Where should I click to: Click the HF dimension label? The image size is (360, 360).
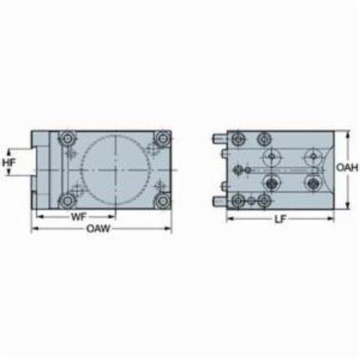9,163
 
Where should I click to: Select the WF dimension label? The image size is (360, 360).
78,217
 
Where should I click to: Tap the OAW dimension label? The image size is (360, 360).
98,228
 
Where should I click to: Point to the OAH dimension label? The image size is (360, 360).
347,168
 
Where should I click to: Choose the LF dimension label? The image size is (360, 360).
280,219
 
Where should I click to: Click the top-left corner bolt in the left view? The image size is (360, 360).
67,138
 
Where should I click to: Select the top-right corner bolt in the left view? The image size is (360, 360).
163,138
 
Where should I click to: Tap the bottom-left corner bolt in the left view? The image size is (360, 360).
66,201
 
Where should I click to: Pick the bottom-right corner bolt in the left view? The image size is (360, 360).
163,201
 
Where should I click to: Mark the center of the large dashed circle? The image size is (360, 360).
116,170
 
